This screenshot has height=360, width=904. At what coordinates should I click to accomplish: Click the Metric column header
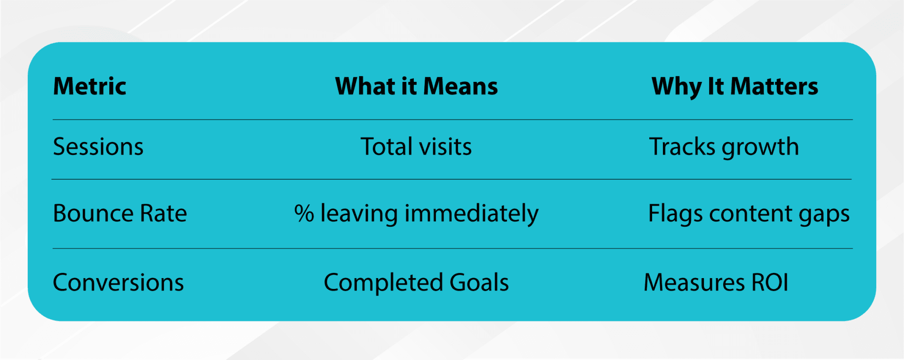point(89,87)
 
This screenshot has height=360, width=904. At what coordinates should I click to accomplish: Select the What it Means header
point(416,87)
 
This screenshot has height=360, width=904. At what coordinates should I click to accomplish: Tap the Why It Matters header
point(734,87)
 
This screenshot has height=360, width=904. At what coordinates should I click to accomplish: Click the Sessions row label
point(98,147)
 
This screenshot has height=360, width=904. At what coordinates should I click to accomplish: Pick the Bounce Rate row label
point(120,214)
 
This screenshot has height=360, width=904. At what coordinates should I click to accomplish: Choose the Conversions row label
point(118,283)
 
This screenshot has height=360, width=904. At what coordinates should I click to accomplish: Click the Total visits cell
point(416,147)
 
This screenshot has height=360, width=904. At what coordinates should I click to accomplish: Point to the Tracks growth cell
point(724,147)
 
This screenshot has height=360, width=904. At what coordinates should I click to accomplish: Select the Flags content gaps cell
point(749,214)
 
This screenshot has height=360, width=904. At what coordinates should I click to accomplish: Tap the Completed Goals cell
point(416,283)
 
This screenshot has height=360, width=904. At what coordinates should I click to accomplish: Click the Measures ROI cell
point(716,283)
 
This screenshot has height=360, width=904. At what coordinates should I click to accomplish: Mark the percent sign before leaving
point(304,214)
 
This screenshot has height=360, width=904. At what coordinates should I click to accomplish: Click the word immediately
point(471,214)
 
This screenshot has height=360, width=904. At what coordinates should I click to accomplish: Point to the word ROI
point(770,283)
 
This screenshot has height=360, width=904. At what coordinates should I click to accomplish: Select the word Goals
point(479,283)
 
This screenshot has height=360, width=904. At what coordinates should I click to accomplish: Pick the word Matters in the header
point(774,87)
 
